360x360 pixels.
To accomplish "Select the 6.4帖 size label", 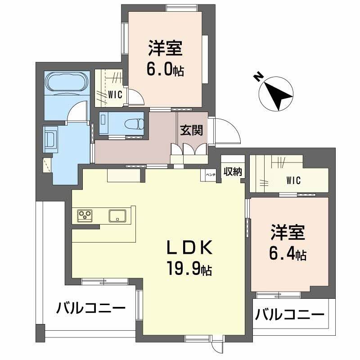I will (288, 255).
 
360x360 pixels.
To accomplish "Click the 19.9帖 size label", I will (189, 270).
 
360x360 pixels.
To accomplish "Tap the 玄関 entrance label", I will (191, 130).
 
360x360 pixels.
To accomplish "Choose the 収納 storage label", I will (233, 171).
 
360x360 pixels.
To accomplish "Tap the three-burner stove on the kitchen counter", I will (85, 216).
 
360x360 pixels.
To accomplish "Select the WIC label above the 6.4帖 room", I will (293, 180).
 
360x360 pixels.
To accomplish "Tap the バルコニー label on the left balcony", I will (91, 309).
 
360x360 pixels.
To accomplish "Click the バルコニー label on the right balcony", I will (290, 314).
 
